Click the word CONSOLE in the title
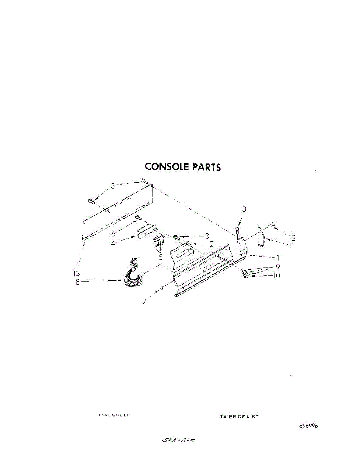(167, 167)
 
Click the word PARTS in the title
(207, 167)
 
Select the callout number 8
(78, 282)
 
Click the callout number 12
(292, 238)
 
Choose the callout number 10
(276, 276)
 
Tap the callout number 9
(277, 266)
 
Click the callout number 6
(114, 234)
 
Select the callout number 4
(113, 243)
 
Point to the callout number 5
(161, 257)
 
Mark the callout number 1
(278, 257)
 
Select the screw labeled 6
(138, 218)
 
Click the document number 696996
(309, 426)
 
